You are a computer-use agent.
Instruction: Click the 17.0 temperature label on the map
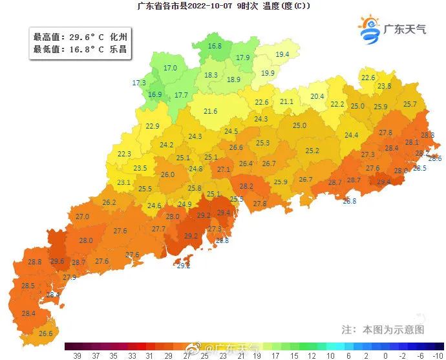[x=170, y=68]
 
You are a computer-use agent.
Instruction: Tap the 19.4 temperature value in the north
[x=282, y=54]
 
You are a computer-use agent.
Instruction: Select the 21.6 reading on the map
[x=210, y=111]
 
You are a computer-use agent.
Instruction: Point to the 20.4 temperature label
[x=317, y=96]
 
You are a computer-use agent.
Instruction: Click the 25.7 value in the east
[x=410, y=104]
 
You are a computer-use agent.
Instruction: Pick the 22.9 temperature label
[x=153, y=126]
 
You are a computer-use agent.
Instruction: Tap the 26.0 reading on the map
[x=167, y=175]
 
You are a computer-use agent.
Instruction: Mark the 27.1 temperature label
[x=224, y=169]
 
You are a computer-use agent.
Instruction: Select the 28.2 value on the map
[x=246, y=186]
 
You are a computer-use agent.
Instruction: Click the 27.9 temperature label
[x=69, y=277]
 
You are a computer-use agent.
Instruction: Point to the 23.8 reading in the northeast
[x=384, y=86]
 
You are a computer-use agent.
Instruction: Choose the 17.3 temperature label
[x=139, y=83]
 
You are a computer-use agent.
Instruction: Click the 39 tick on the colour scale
[x=77, y=355]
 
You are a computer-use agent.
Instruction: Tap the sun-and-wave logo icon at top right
[x=370, y=30]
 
